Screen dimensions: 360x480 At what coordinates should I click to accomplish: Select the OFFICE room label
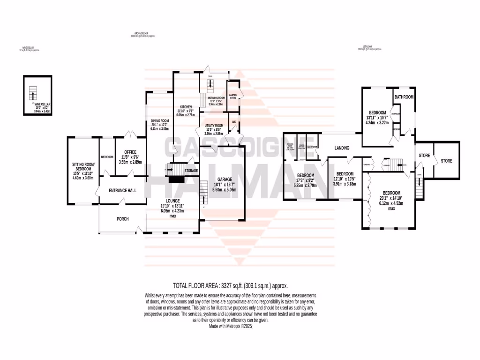(130, 152)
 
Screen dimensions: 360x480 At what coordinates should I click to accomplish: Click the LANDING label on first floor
(342, 148)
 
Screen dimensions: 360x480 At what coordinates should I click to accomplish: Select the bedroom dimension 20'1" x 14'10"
(391, 199)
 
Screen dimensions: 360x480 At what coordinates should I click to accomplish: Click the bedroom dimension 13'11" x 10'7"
(377, 118)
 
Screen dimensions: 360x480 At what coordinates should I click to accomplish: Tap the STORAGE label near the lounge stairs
(191, 170)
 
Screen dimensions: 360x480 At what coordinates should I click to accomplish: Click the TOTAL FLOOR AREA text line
(230, 285)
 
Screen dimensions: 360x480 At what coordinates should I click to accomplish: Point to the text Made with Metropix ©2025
(230, 325)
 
